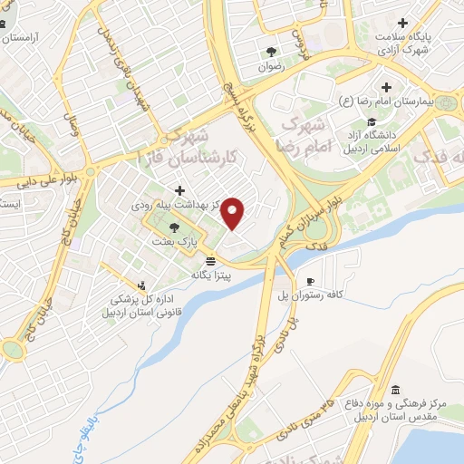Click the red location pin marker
pos(234,214)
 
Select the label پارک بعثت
pos(182,242)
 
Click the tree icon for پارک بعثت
pos(174,227)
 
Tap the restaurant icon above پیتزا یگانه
pos(211,259)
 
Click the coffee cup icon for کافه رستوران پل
pos(310,282)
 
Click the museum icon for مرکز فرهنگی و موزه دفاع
pos(395,391)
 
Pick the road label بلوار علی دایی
pos(26,180)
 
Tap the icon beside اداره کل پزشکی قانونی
pos(140,284)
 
